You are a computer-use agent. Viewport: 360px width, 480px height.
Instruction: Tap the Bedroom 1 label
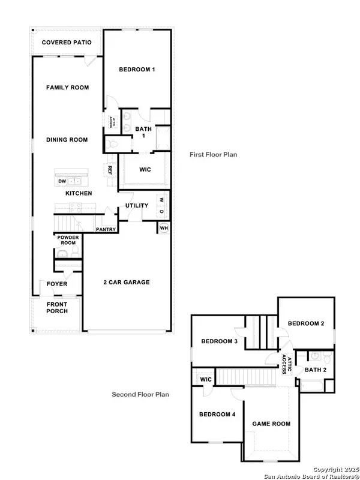pos(137,70)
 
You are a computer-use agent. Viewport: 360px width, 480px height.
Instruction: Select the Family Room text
pos(67,88)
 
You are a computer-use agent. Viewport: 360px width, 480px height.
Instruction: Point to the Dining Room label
pos(67,140)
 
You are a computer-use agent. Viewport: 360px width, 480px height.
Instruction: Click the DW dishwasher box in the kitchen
pos(62,181)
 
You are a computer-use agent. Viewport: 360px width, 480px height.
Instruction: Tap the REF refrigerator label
pos(110,170)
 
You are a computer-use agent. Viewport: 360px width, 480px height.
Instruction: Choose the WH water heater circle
pos(163,227)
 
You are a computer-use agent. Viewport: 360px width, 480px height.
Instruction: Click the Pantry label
pos(106,229)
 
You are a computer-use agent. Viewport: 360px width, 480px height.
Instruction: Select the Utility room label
pos(137,206)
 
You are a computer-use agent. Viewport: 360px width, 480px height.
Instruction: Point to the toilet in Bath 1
pos(114,144)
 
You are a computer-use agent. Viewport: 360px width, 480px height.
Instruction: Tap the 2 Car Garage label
pos(125,282)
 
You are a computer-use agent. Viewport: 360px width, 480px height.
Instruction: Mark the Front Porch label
pos(57,307)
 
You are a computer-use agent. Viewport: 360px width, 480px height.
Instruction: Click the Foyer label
pos(57,284)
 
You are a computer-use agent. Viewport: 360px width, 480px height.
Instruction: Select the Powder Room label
pos(68,240)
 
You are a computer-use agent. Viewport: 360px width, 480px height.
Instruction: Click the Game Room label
pos(270,424)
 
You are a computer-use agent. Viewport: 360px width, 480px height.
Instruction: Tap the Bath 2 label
pos(316,370)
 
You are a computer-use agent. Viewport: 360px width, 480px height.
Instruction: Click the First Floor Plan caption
pos(213,154)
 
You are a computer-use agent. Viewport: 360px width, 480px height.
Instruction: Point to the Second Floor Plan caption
pos(140,394)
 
